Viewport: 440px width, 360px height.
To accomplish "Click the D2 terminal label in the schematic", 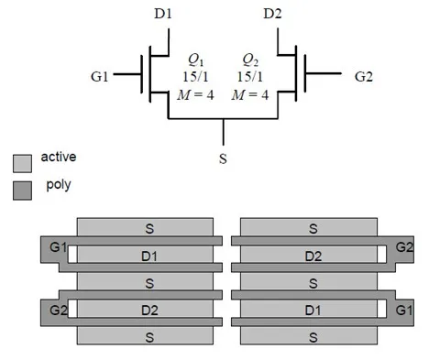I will [x=272, y=14].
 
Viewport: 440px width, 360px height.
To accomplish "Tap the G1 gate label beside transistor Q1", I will [x=102, y=77].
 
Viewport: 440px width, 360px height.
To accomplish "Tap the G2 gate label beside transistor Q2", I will [x=364, y=77].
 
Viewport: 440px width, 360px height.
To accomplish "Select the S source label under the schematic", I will [x=224, y=158].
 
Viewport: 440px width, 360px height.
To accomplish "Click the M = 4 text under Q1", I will [x=195, y=96].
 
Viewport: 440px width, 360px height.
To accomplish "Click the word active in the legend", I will [x=59, y=158].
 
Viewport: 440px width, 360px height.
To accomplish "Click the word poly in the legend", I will [x=59, y=185].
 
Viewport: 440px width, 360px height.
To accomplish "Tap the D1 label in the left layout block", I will [x=149, y=256].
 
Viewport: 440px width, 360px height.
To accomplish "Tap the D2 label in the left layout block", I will [x=149, y=311].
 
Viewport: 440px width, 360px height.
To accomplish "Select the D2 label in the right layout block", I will [x=313, y=256].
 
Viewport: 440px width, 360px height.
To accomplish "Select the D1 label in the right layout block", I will [x=313, y=311].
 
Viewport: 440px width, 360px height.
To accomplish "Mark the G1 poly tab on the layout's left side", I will [x=57, y=248].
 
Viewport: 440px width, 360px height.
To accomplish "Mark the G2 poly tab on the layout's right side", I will [x=404, y=248].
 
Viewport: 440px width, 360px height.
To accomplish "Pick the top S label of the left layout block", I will [x=149, y=227].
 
